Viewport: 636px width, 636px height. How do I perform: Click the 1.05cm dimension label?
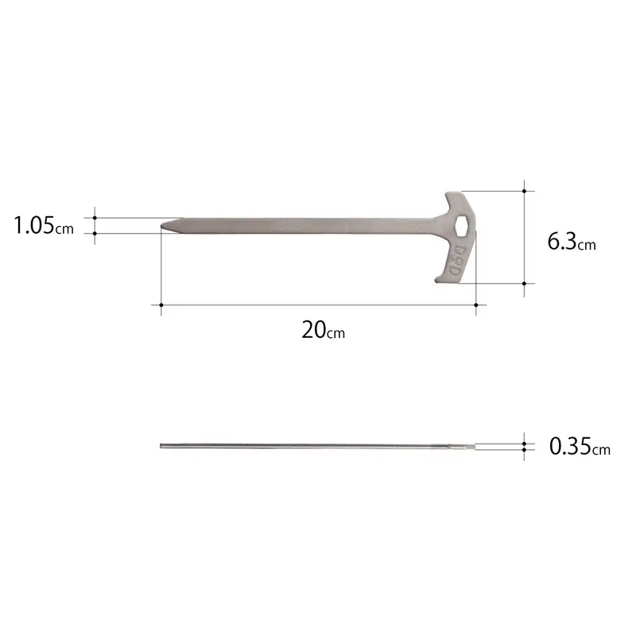pyautogui.click(x=44, y=226)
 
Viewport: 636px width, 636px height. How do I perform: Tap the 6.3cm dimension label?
pyautogui.click(x=572, y=242)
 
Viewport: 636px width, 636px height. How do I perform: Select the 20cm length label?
pyautogui.click(x=324, y=330)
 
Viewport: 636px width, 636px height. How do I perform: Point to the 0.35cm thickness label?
pyautogui.click(x=580, y=446)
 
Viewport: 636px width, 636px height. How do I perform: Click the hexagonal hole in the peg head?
pyautogui.click(x=462, y=226)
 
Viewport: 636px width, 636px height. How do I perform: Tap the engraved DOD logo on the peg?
pyautogui.click(x=458, y=261)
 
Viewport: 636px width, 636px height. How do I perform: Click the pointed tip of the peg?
pyautogui.click(x=162, y=225)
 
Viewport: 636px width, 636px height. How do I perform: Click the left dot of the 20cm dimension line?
pyautogui.click(x=161, y=304)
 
